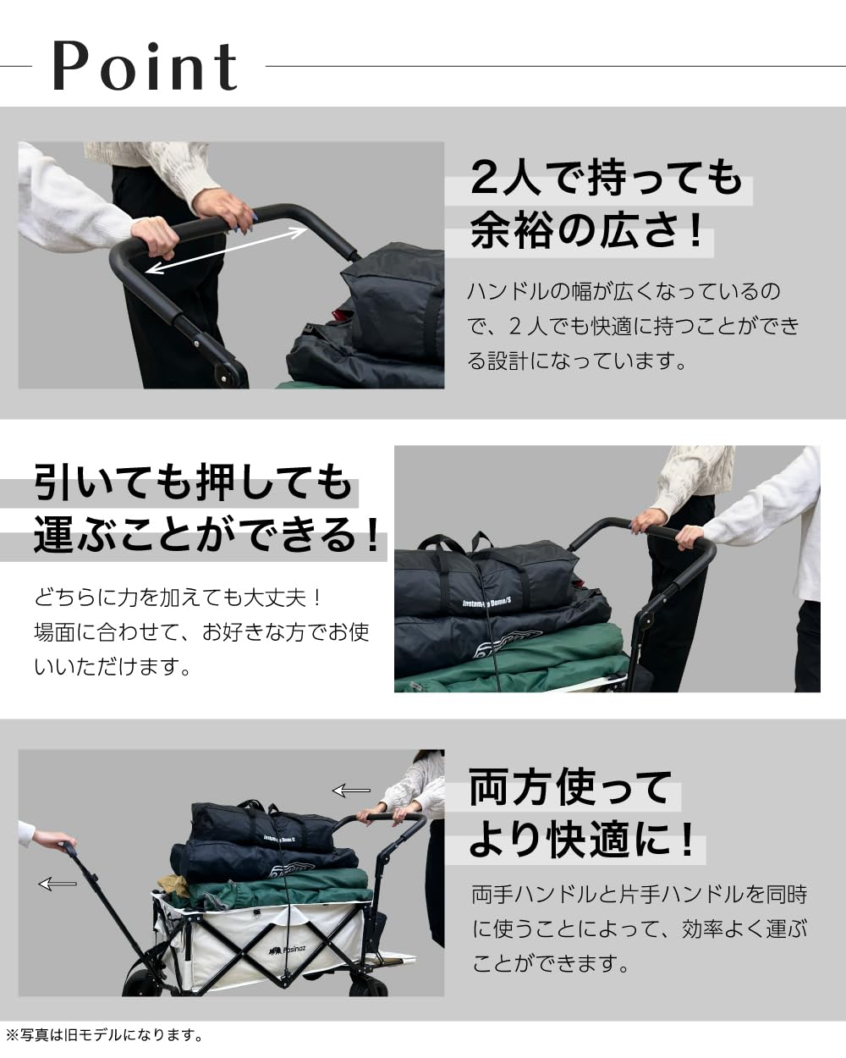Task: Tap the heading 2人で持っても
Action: [x=606, y=179]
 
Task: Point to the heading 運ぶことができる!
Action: [x=207, y=536]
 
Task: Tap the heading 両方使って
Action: [x=570, y=787]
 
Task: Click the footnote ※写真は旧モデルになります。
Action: [x=105, y=1034]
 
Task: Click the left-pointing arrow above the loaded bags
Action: [x=351, y=791]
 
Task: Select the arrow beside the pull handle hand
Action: [x=58, y=884]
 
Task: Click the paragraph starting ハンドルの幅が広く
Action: [x=633, y=326]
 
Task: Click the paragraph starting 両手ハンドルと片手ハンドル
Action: [x=639, y=929]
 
